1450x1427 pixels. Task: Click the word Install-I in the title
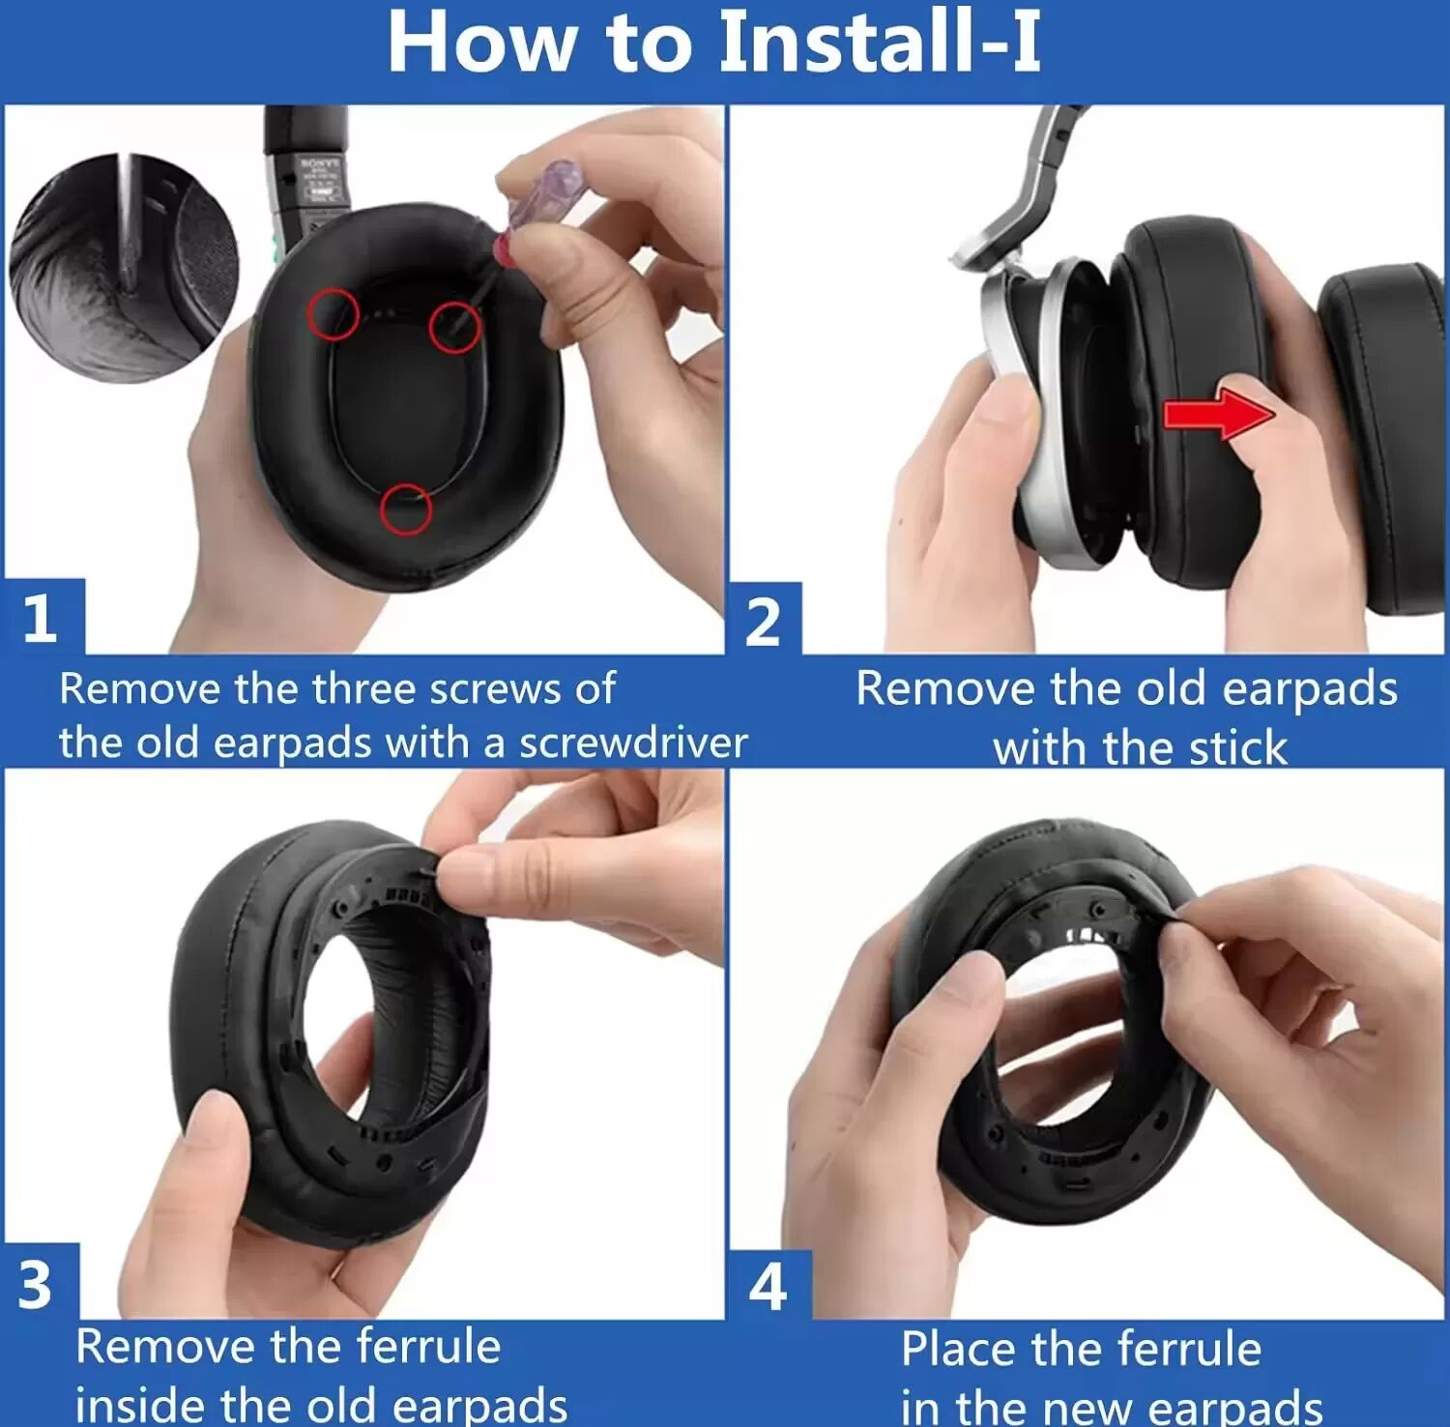coord(880,43)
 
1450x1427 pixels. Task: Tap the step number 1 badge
coord(43,617)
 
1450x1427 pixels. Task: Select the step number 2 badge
coord(764,620)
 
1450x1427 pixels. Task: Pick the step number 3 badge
coord(39,1282)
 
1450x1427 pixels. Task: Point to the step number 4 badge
coord(768,1286)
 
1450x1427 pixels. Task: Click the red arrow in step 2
coord(1218,414)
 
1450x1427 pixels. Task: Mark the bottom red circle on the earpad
coord(406,509)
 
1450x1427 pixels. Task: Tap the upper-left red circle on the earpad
coord(333,313)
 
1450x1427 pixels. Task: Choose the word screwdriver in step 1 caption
coord(633,743)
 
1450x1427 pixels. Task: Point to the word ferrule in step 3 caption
coord(428,1346)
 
